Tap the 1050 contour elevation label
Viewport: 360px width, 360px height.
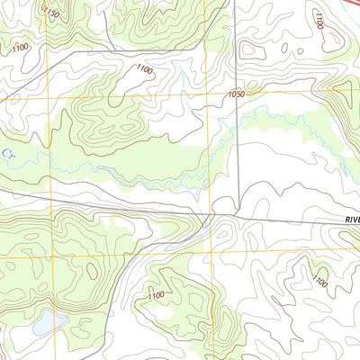(237, 93)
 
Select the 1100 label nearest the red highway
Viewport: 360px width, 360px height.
(318, 19)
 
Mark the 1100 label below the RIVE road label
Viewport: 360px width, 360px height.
(319, 282)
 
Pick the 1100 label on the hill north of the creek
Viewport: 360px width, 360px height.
(144, 68)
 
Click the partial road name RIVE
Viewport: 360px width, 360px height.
(350, 219)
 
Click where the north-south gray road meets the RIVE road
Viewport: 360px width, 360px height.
(238, 214)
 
